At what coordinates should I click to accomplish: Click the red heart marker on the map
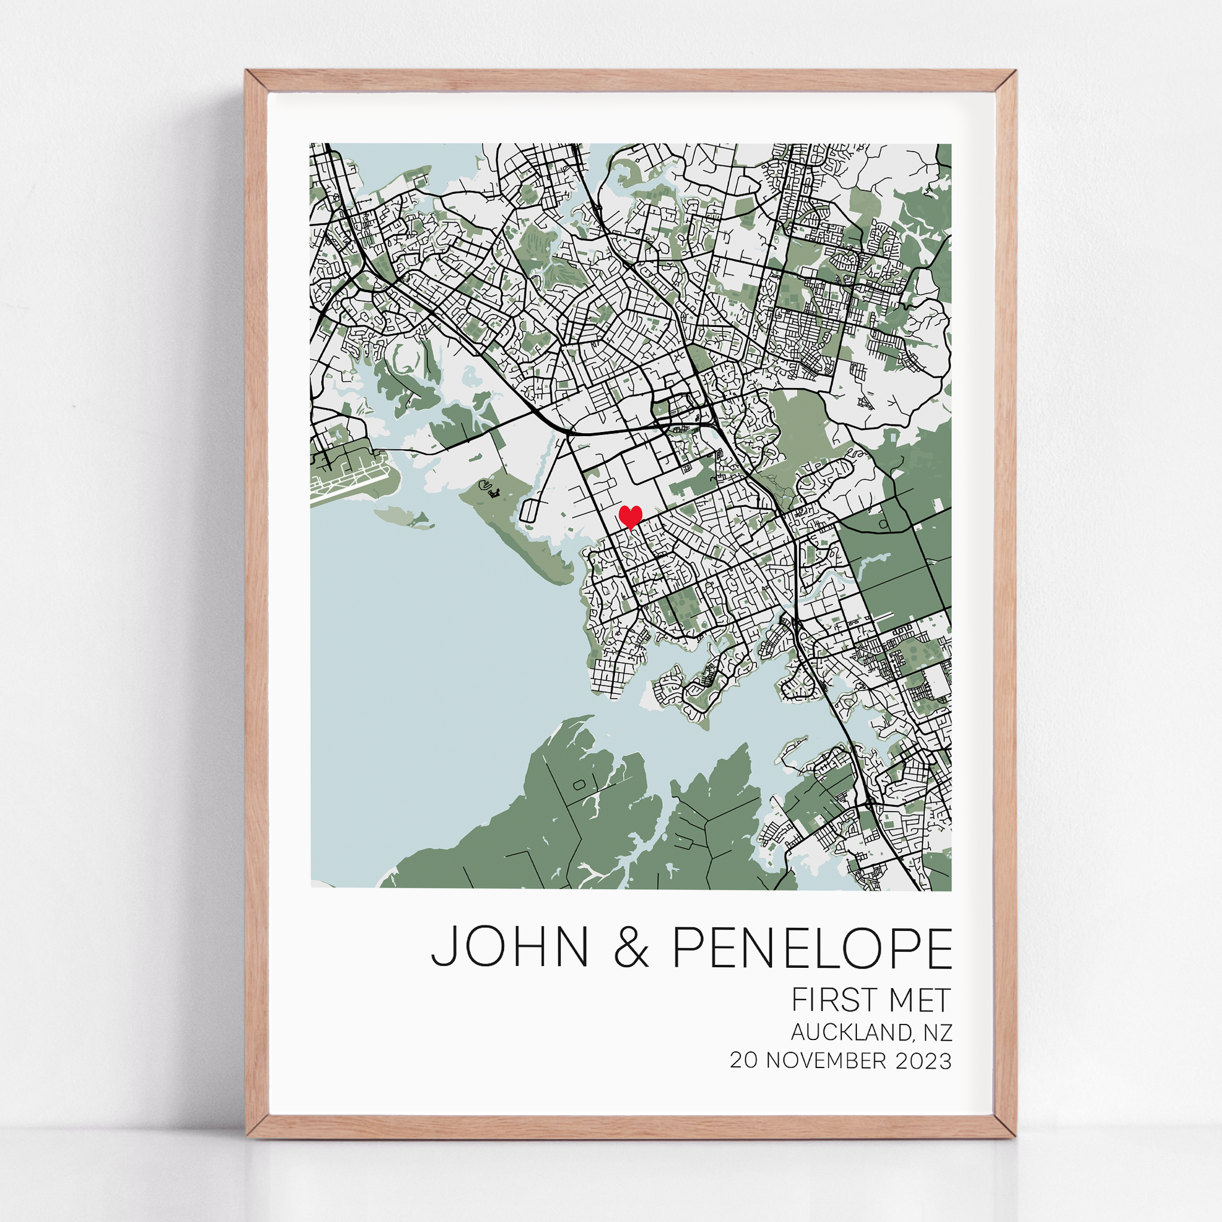pos(630,516)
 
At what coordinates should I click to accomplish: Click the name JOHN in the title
pos(509,947)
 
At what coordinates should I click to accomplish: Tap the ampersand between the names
pos(631,948)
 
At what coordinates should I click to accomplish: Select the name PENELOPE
pos(811,947)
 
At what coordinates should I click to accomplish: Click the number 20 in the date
pos(744,1061)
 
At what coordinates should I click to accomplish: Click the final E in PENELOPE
pos(938,947)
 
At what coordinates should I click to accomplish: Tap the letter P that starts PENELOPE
pos(687,947)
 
